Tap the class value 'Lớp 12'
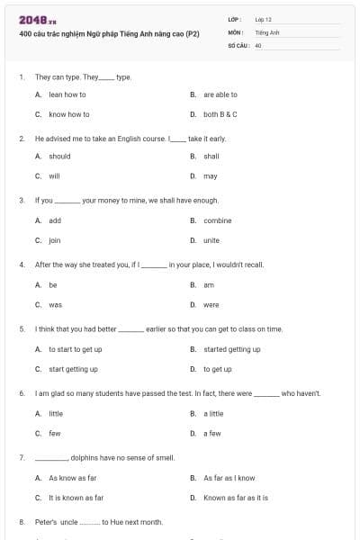[264, 19]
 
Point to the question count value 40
[258, 44]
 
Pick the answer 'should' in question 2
[59, 156]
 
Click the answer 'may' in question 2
[210, 176]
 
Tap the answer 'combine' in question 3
[217, 220]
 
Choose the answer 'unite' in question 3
[211, 240]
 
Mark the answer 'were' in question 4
[211, 305]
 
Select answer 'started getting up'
[231, 349]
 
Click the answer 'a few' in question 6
[212, 433]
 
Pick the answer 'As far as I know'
[229, 478]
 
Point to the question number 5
[22, 329]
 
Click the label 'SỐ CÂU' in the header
[238, 44]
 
